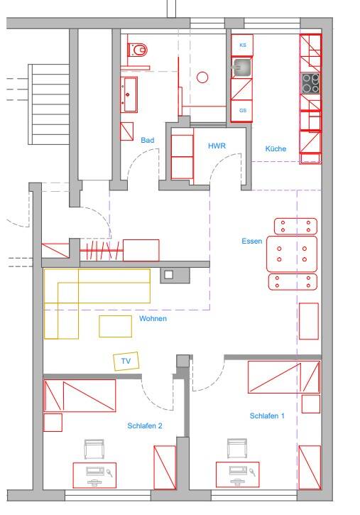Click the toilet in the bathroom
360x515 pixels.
click(137, 50)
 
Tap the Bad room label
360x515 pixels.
click(148, 140)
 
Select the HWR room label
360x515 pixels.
click(217, 146)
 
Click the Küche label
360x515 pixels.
click(276, 148)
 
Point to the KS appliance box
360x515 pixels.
click(242, 45)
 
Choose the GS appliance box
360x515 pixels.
click(242, 111)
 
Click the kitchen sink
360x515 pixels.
click(242, 67)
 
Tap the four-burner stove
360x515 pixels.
click(310, 83)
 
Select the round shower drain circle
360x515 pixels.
click(202, 77)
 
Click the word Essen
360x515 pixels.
click(251, 241)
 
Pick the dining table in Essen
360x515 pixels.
click(292, 254)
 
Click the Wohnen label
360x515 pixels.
click(153, 318)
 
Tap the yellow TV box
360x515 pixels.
click(126, 361)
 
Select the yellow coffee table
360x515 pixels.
click(116, 326)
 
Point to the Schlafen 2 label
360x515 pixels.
click(145, 425)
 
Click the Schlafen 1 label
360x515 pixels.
click(267, 416)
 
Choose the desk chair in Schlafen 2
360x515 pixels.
click(94, 450)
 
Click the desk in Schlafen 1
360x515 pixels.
click(238, 475)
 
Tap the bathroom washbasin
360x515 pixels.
click(129, 94)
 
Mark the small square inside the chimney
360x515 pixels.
click(169, 275)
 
